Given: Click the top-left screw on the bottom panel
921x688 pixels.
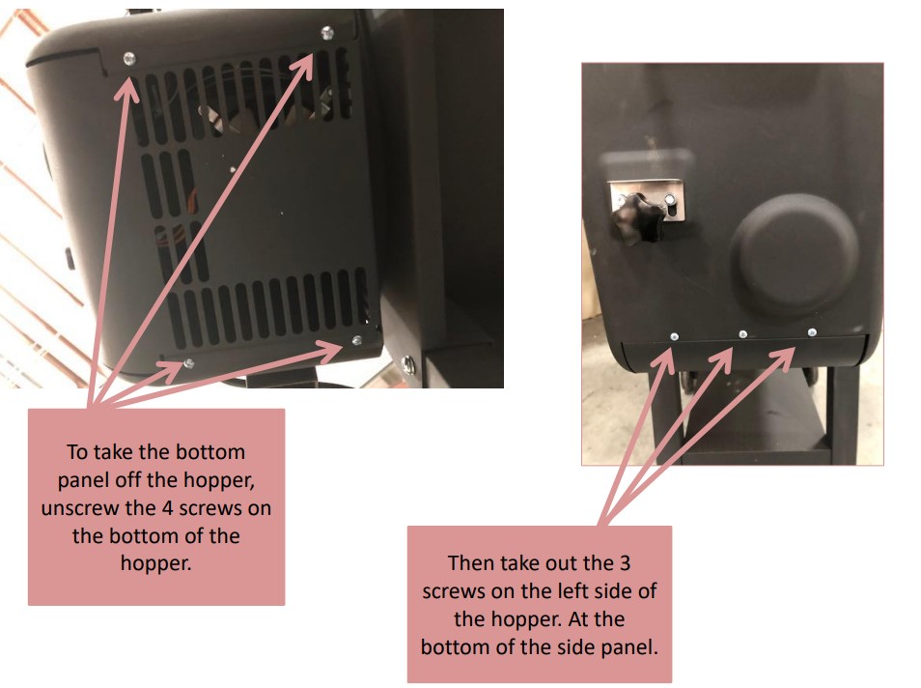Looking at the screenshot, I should tap(129, 60).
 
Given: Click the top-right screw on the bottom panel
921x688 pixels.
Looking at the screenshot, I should tap(327, 33).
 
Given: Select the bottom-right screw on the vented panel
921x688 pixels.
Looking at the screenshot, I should tap(357, 340).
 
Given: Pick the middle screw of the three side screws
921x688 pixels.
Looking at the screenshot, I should tap(742, 334).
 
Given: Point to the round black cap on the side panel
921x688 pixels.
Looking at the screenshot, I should tap(795, 254).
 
